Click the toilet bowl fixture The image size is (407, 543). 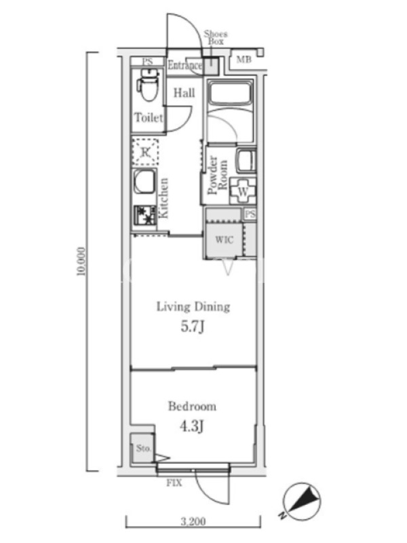coord(149,84)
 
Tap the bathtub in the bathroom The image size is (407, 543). coord(230,92)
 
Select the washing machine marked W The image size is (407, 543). coord(244,191)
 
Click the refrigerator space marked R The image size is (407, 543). coord(146,151)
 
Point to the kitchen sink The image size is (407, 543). coord(144,181)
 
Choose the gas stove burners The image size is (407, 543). coord(145,215)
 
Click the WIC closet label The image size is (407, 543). coord(225,240)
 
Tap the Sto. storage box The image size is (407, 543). coord(142,448)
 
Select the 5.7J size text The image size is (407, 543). coord(193,326)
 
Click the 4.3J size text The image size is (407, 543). coord(191,426)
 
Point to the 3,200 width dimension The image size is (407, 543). coord(193,521)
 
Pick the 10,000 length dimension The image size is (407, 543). coord(81,261)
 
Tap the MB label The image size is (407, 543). coord(244,59)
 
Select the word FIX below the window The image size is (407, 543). coord(174,483)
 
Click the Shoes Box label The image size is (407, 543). coord(216,37)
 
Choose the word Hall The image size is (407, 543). coord(184,92)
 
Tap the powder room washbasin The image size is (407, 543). coord(246,161)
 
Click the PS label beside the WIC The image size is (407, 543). coord(250,214)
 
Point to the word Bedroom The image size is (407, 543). coord(192,406)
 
